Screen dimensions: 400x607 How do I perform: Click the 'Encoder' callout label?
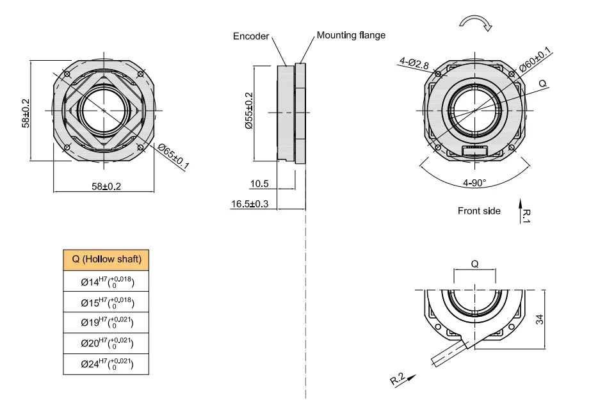pos(251,36)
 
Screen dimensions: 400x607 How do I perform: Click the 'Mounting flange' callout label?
pos(351,35)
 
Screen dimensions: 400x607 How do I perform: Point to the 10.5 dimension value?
pos(259,184)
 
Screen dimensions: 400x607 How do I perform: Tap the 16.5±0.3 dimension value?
pos(250,204)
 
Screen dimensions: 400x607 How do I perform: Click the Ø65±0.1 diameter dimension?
pos(174,157)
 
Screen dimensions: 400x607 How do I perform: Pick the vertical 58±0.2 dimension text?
pos(26,112)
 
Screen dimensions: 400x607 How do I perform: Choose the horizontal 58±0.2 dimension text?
pos(106,186)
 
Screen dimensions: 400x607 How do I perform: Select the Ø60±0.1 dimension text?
pos(535,62)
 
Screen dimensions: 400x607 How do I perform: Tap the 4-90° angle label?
pos(474,182)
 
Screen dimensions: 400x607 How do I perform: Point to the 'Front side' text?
pos(479,211)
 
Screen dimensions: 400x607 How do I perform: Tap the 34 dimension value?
pos(540,319)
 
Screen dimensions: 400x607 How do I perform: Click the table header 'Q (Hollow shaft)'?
pos(107,260)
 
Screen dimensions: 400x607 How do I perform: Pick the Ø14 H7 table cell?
pos(107,282)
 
